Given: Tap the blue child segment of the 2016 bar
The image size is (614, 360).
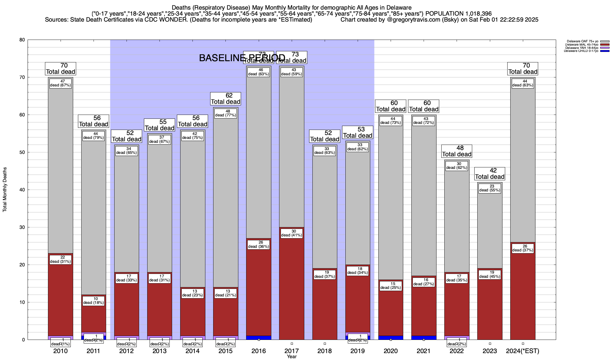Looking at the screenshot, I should click(x=258, y=338).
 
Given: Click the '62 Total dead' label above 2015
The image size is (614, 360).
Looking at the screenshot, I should click(x=225, y=98).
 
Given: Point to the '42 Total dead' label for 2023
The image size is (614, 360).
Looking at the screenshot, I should click(x=490, y=173).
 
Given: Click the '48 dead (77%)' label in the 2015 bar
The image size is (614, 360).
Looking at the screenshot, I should click(x=225, y=113).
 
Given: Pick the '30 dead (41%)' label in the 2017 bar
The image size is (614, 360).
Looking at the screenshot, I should click(x=291, y=233).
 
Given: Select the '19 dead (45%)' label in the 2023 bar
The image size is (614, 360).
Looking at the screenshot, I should click(x=490, y=274).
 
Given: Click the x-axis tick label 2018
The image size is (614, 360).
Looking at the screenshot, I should click(x=325, y=351).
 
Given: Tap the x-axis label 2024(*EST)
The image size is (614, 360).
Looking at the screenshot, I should click(x=523, y=351).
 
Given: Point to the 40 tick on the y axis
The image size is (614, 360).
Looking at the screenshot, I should click(x=22, y=190).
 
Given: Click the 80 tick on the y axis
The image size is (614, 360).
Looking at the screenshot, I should click(x=22, y=40).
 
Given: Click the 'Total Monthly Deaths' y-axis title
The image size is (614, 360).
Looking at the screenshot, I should click(x=5, y=190).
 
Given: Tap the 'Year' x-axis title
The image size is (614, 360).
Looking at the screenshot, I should click(x=291, y=357).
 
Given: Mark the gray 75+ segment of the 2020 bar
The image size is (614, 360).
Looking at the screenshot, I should click(x=391, y=201).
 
